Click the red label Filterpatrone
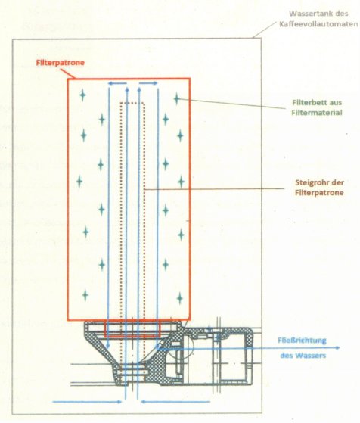(61, 63)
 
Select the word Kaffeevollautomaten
(318, 24)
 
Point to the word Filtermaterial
(317, 113)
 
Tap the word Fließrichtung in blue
(302, 341)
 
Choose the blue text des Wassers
(303, 356)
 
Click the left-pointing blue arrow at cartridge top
(117, 84)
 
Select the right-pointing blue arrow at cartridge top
(148, 83)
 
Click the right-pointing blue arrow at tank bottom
(88, 402)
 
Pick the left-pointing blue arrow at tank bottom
(175, 402)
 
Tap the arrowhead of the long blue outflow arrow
(338, 348)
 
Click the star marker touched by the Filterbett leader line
(177, 98)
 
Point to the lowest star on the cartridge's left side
(85, 295)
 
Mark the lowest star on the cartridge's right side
(180, 298)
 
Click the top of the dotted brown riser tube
(133, 103)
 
